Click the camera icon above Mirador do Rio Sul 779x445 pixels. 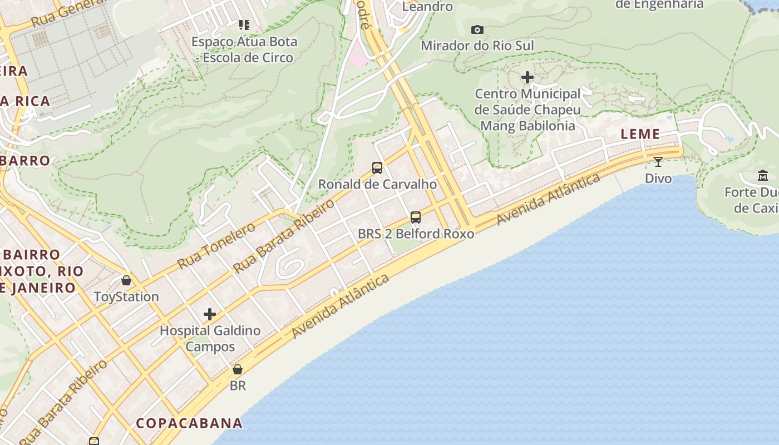(x=477, y=29)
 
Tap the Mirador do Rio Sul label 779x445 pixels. (x=477, y=46)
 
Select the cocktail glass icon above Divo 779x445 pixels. (x=658, y=162)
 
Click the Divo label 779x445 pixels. (x=658, y=179)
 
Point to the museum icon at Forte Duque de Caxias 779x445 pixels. (x=762, y=176)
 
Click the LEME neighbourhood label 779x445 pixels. (x=640, y=134)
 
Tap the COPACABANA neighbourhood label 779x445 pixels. (x=189, y=423)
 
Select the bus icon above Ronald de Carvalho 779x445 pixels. (x=377, y=167)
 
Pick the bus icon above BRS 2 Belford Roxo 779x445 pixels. (x=416, y=217)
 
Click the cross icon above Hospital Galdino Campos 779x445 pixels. (x=209, y=314)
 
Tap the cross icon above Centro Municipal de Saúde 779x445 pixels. (x=527, y=77)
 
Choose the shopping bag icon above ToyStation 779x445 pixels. (x=126, y=280)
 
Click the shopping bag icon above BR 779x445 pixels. (x=238, y=369)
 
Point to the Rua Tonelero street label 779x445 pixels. (x=216, y=245)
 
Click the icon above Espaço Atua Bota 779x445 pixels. (x=244, y=24)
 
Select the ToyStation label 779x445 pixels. (x=126, y=296)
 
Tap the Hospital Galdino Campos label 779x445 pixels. (x=210, y=338)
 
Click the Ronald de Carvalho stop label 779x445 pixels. (x=377, y=184)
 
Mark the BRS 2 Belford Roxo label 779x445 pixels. (x=416, y=234)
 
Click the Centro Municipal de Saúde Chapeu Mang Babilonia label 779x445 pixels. (x=527, y=110)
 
